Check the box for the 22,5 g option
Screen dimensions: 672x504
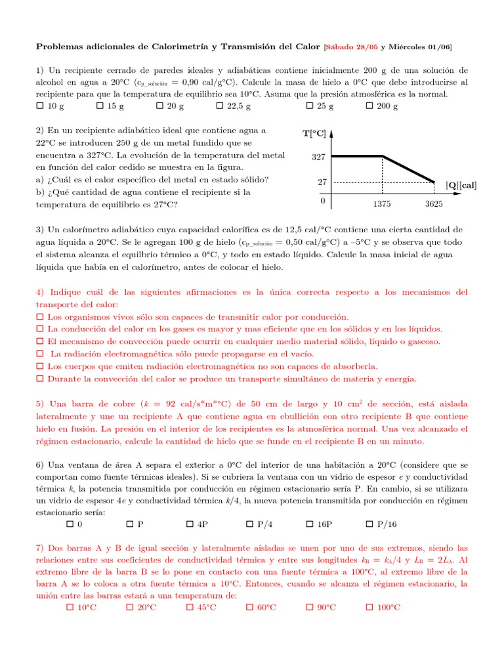pyautogui.click(x=219, y=106)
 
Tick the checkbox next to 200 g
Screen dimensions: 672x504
pyautogui.click(x=369, y=106)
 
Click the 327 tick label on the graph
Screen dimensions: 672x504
pyautogui.click(x=318, y=157)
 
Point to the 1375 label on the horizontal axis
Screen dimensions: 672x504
pyautogui.click(x=382, y=204)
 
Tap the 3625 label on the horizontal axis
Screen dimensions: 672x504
pyautogui.click(x=434, y=204)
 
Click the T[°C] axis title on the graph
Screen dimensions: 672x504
pyautogui.click(x=314, y=134)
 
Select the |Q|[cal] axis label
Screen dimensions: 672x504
pyautogui.click(x=461, y=186)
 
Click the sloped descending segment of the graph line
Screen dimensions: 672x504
pyautogui.click(x=409, y=169)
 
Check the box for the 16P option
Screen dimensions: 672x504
pyautogui.click(x=310, y=525)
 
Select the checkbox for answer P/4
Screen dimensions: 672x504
pyautogui.click(x=249, y=525)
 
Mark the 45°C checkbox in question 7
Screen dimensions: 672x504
pyautogui.click(x=190, y=607)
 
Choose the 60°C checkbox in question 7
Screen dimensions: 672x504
pyautogui.click(x=249, y=607)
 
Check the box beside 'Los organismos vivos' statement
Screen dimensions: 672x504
pyautogui.click(x=39, y=317)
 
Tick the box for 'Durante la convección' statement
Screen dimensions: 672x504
pyautogui.click(x=39, y=379)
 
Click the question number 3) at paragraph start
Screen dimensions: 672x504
pyautogui.click(x=39, y=230)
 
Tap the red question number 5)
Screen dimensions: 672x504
pyautogui.click(x=39, y=404)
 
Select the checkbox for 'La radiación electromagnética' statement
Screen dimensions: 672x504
pyautogui.click(x=39, y=354)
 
